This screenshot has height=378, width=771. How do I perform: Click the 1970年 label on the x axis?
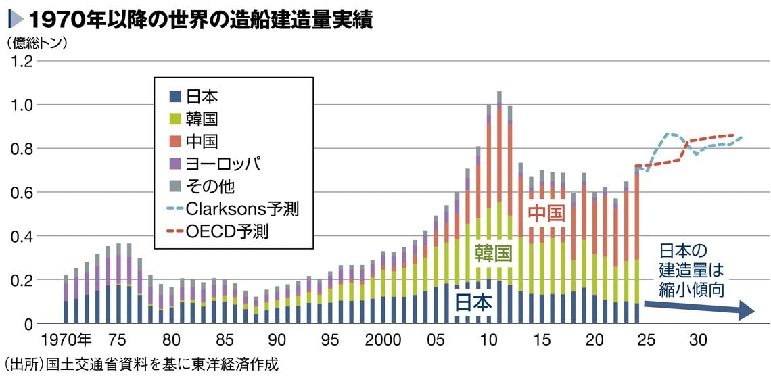click(66, 339)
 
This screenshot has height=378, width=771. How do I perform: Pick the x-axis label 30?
click(699, 339)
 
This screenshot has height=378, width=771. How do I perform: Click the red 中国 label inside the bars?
click(546, 214)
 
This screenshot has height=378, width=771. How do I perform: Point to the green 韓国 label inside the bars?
click(492, 254)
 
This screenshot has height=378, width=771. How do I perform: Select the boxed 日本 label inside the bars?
click(473, 304)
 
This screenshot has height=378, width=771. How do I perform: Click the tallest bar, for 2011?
click(499, 203)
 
